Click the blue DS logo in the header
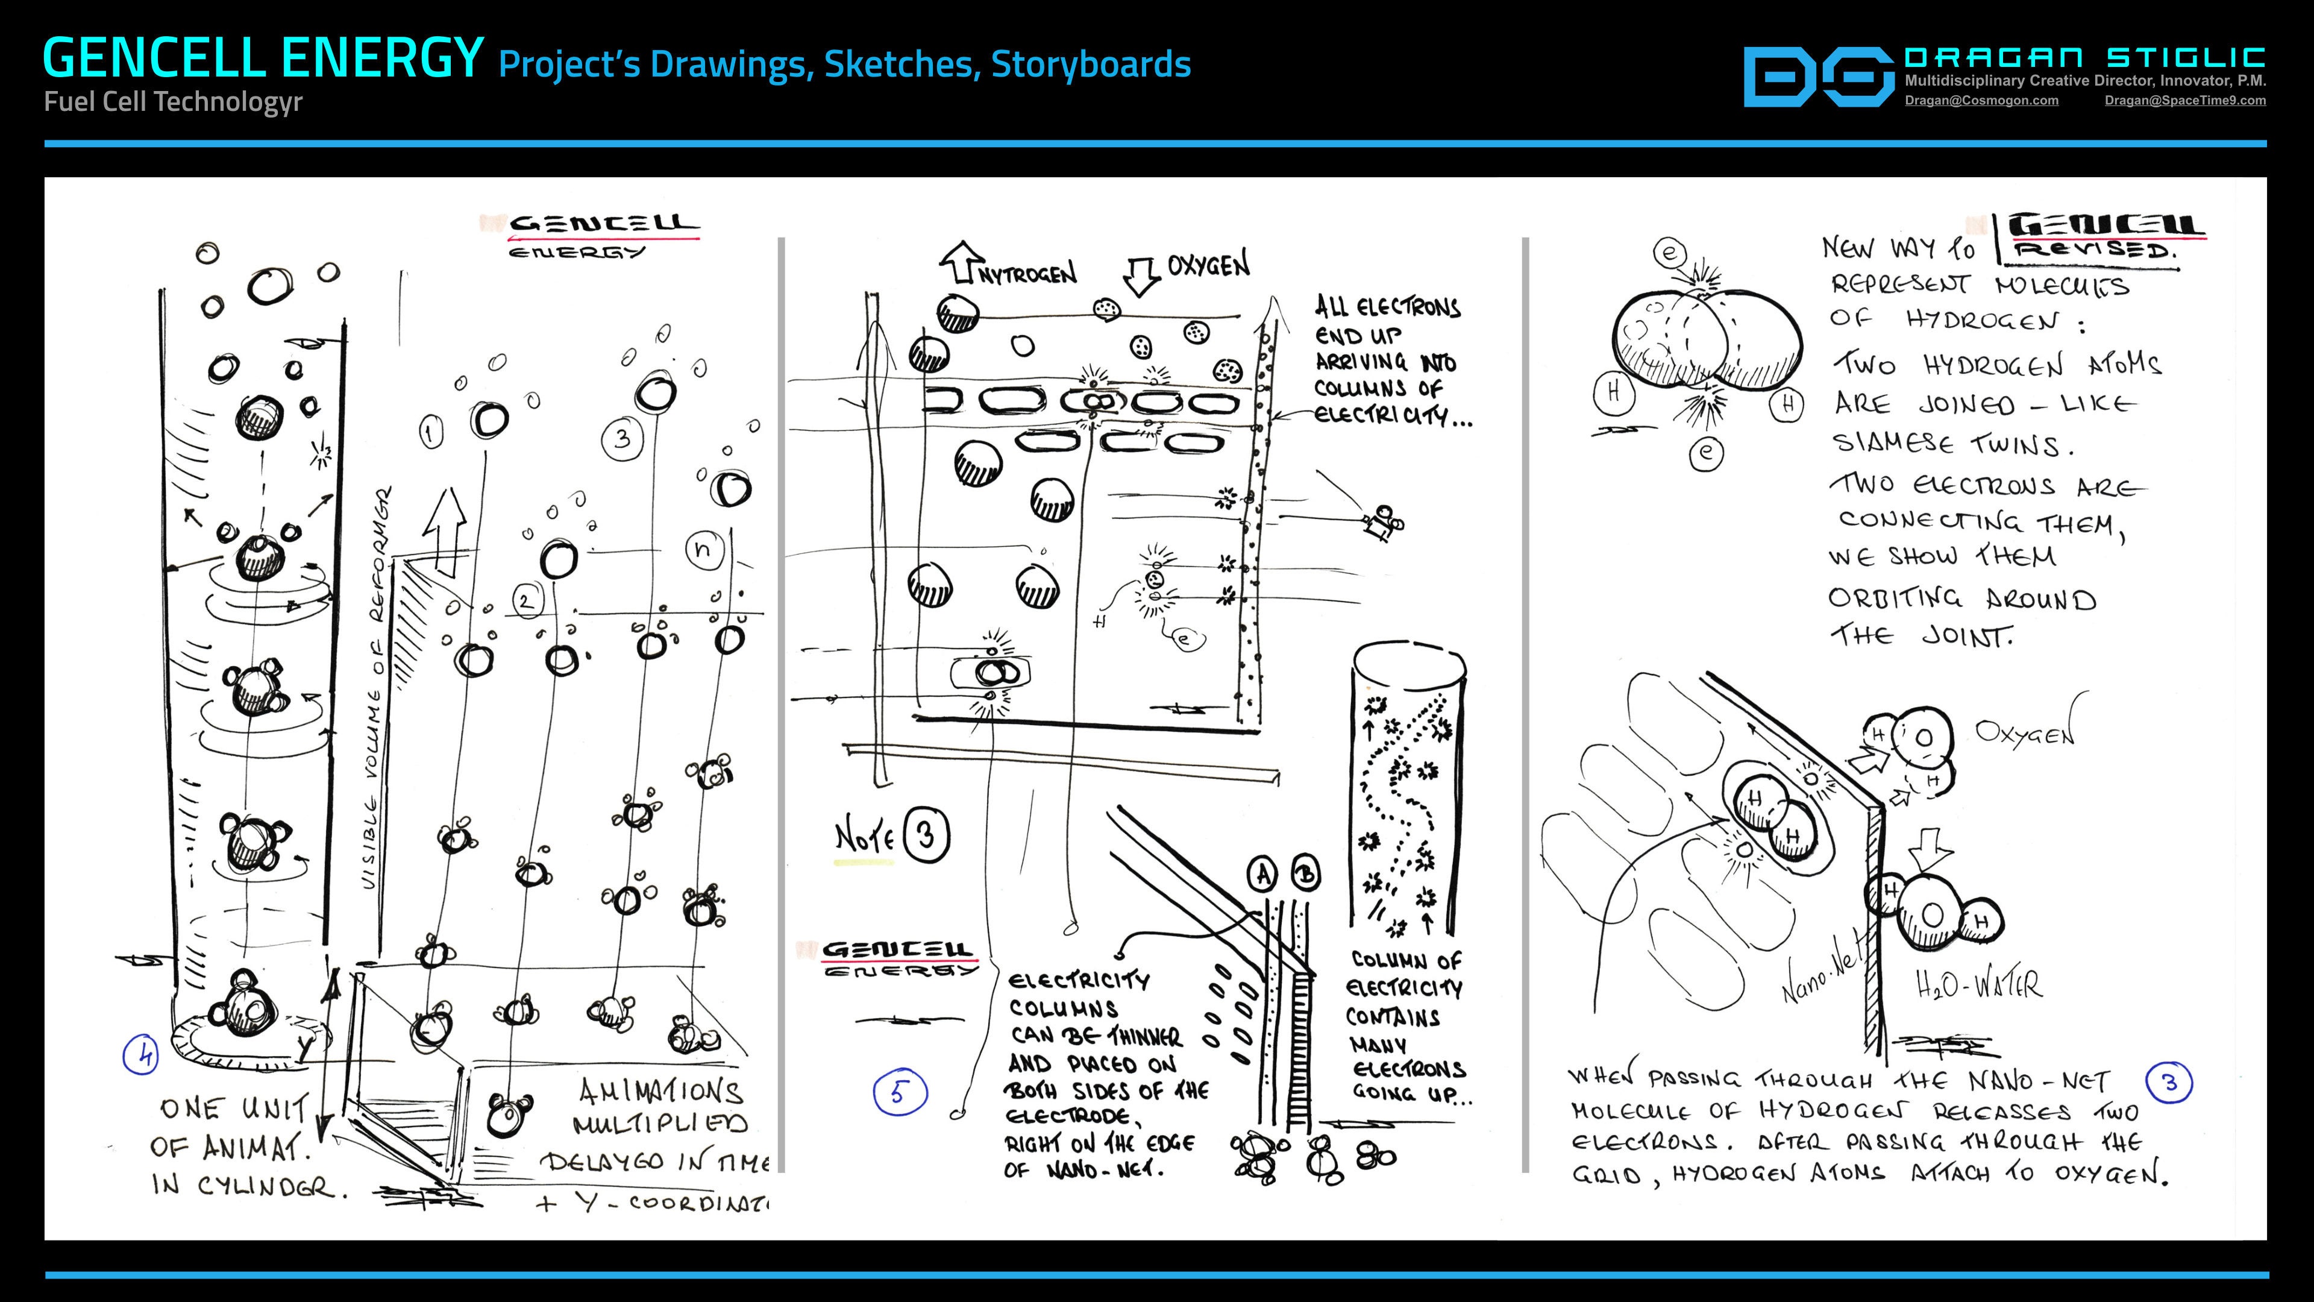pyautogui.click(x=1819, y=77)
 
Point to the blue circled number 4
pyautogui.click(x=141, y=1054)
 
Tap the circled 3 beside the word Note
pyautogui.click(x=926, y=835)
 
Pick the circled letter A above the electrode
pyautogui.click(x=1263, y=873)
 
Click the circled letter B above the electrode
pyautogui.click(x=1305, y=873)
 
